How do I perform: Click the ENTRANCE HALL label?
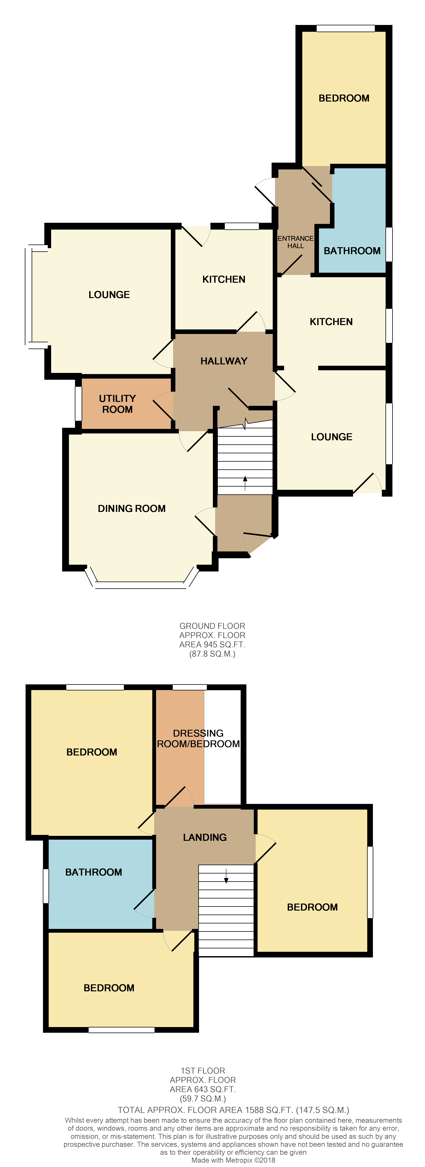pyautogui.click(x=295, y=242)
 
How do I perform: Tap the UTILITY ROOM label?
pyautogui.click(x=117, y=404)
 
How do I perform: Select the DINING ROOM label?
pyautogui.click(x=132, y=508)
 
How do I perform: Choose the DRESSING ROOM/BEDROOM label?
pyautogui.click(x=198, y=738)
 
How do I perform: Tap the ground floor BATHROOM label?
pyautogui.click(x=352, y=251)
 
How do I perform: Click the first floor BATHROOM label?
pyautogui.click(x=93, y=872)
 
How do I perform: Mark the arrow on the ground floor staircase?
pyautogui.click(x=245, y=483)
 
